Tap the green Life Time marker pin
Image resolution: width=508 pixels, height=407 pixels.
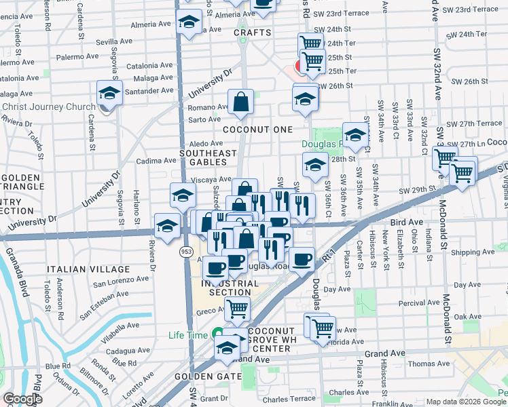(217, 334)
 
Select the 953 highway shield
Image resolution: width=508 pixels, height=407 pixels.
(185, 252)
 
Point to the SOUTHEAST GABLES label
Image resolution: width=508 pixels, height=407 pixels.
(202, 157)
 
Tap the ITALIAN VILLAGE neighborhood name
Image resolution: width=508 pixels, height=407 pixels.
(79, 270)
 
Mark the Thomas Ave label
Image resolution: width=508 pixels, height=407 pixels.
(429, 364)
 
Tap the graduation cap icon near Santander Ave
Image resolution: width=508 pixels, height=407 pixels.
(109, 93)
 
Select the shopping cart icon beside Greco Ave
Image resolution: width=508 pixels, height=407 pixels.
(237, 310)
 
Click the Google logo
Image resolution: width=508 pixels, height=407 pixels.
(22, 400)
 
